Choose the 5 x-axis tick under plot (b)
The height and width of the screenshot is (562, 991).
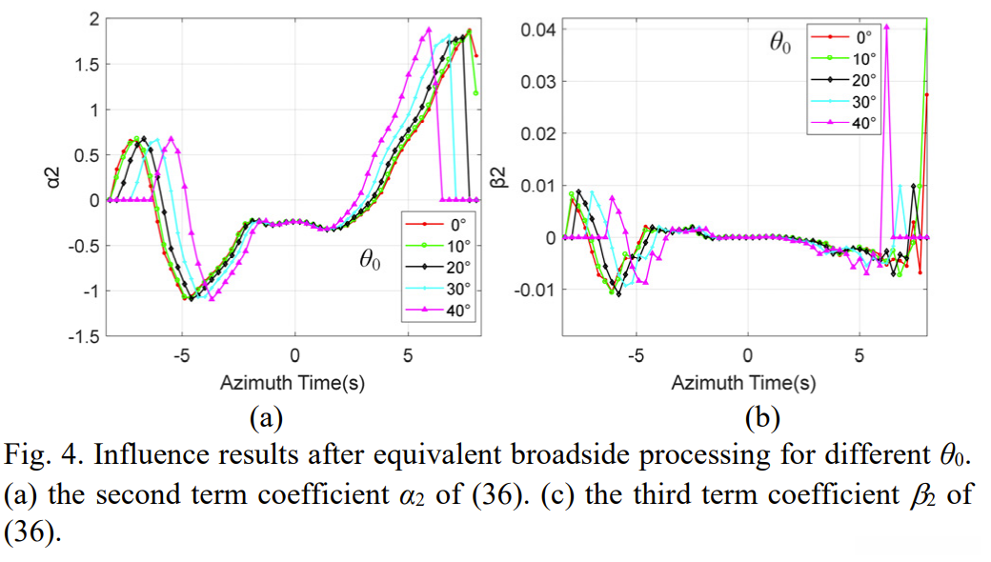(x=859, y=358)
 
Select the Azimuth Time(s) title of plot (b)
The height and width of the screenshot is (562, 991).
(x=744, y=383)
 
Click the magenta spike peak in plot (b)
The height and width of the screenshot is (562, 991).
(x=886, y=27)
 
